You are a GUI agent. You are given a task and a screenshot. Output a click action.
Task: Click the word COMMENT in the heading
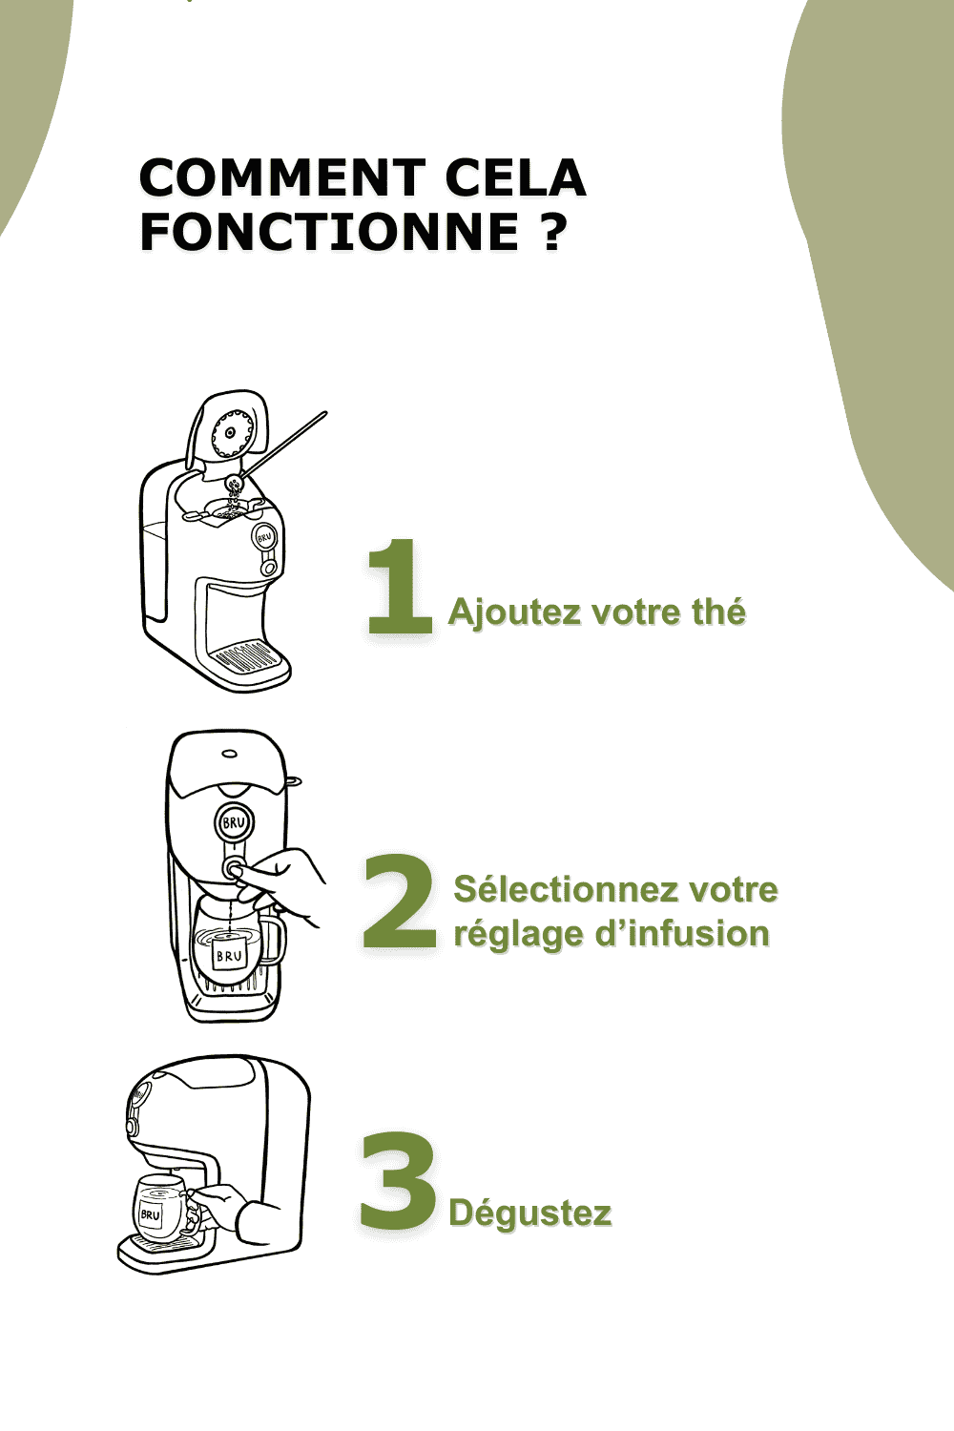(282, 177)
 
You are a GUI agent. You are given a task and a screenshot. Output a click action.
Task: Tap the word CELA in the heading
(515, 177)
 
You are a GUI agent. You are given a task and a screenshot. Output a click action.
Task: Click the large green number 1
(400, 586)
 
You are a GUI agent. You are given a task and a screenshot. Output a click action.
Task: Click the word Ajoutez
(514, 612)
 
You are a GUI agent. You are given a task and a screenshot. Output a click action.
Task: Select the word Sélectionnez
(564, 889)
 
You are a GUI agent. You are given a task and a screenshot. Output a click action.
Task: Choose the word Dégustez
(530, 1213)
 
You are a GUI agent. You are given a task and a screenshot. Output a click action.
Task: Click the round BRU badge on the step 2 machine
(233, 822)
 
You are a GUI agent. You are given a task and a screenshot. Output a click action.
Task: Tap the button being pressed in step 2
(234, 868)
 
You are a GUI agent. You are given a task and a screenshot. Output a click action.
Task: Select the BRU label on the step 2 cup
(229, 956)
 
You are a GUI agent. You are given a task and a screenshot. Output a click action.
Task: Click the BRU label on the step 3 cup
(151, 1214)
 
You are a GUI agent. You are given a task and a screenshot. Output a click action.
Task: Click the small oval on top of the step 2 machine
(229, 754)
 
